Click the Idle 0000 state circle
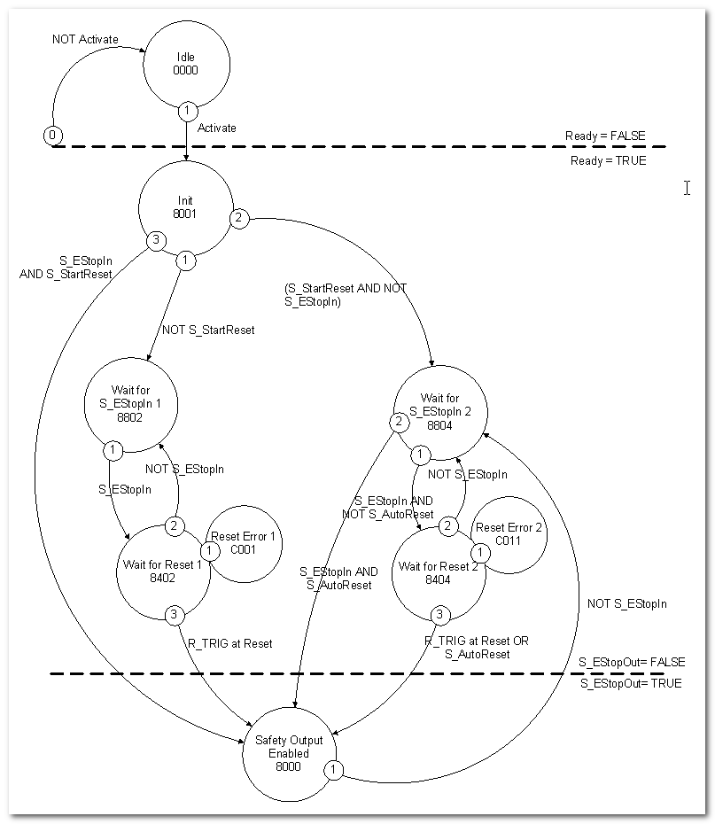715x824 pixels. [186, 64]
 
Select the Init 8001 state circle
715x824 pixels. [185, 207]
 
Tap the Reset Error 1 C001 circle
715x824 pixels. [243, 542]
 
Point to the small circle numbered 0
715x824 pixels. [52, 135]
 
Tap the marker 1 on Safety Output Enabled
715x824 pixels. [334, 770]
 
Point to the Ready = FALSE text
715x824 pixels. [605, 136]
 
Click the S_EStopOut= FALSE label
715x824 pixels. [632, 662]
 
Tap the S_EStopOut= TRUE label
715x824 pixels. [631, 684]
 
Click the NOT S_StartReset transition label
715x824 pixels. [207, 330]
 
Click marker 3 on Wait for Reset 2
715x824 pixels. [439, 614]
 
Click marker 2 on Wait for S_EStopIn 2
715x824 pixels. [400, 422]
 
